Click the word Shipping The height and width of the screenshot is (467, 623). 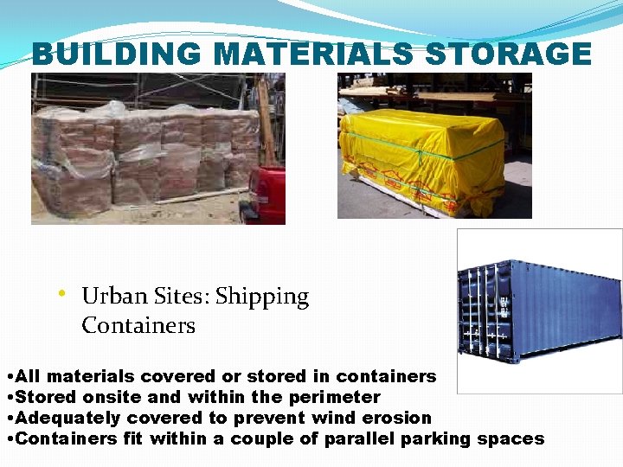tap(262, 297)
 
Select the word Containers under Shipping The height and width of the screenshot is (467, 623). tap(138, 326)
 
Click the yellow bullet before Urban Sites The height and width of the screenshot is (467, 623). tap(63, 294)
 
